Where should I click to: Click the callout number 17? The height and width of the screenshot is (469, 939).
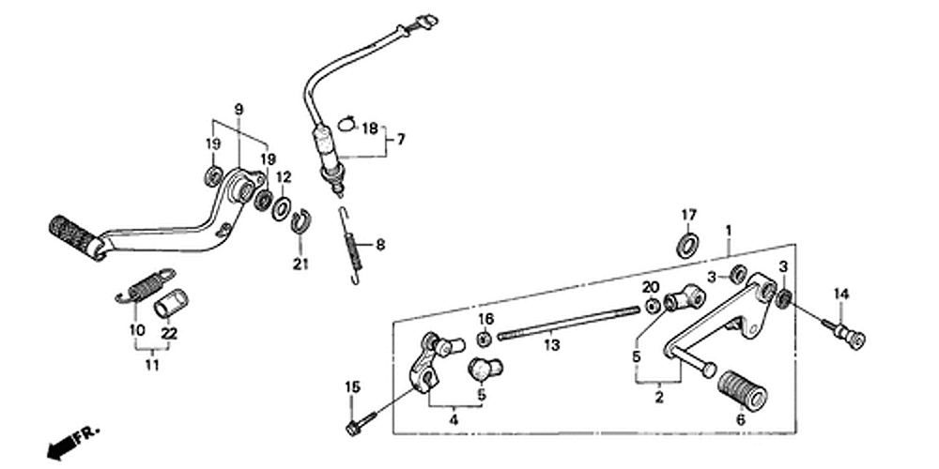[x=688, y=214]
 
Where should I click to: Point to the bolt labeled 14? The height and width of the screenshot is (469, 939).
[x=844, y=333]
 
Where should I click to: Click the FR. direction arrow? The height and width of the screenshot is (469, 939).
[x=73, y=442]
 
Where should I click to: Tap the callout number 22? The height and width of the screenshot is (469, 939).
[x=169, y=334]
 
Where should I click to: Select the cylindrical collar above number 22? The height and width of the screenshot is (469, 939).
[x=171, y=303]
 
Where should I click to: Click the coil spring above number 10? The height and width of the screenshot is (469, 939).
[x=146, y=285]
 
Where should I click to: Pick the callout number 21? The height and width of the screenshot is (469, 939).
[x=300, y=264]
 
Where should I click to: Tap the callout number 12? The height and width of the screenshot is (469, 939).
[x=284, y=177]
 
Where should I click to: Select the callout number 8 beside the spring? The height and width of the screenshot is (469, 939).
[x=380, y=245]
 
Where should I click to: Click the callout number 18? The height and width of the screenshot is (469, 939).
[x=370, y=128]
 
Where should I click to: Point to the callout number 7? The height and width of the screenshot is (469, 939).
[x=401, y=140]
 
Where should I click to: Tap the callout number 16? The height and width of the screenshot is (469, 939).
[x=485, y=318]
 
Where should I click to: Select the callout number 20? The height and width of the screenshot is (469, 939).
[x=651, y=288]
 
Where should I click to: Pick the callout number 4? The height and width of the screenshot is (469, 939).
[x=454, y=420]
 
